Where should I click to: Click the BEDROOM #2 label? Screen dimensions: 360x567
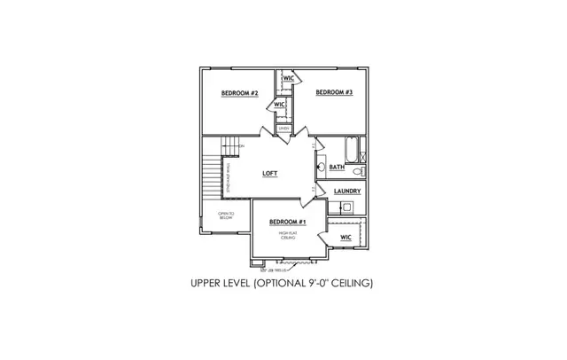point(239,92)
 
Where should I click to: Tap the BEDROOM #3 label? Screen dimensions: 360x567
point(335,92)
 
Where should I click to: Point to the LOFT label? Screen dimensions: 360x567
point(270,174)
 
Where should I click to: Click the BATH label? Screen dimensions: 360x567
point(337,167)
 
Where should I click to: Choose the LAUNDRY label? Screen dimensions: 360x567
point(346,191)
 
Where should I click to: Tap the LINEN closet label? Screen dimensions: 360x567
point(283,129)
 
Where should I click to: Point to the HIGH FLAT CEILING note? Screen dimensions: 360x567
point(288,236)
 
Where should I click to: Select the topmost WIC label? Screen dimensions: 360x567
point(288,79)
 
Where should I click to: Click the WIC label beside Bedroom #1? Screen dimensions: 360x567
point(346,238)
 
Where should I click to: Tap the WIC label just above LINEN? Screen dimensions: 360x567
point(279,105)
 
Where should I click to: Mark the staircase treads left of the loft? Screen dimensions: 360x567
point(209,177)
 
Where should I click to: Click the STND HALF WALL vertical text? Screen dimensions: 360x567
point(229,177)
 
